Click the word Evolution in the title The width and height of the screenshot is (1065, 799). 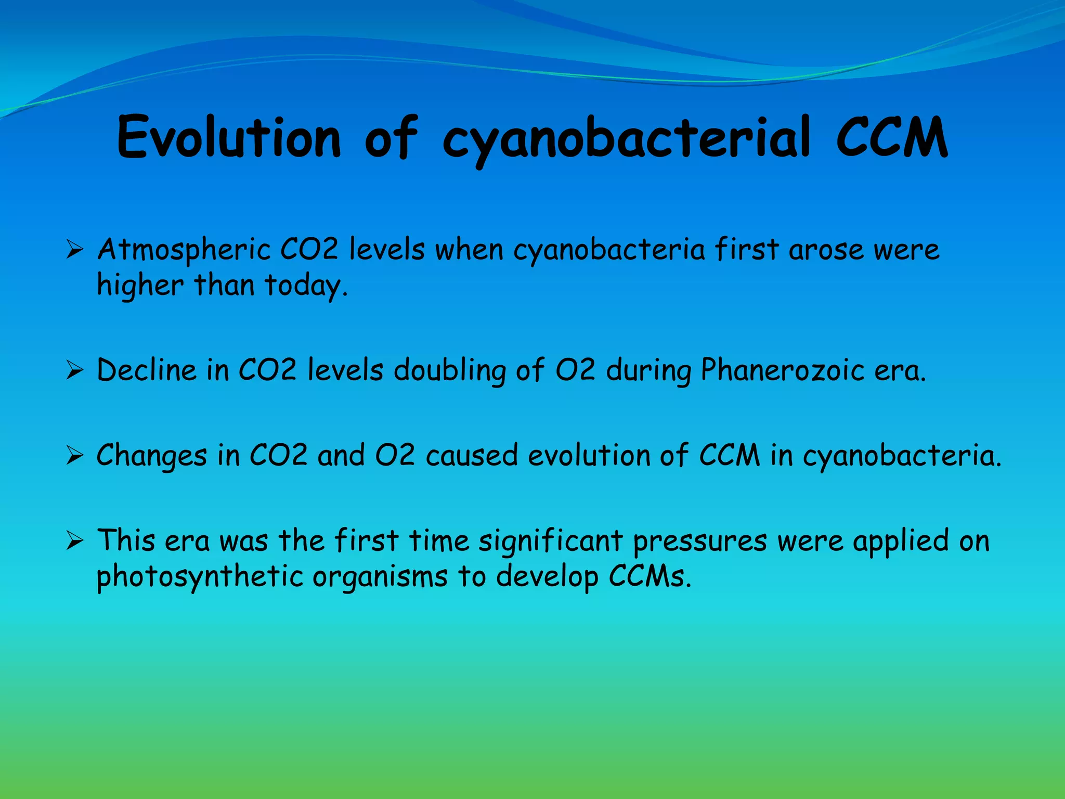click(229, 138)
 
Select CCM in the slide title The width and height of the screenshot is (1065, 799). click(892, 138)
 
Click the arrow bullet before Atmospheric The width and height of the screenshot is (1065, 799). click(75, 250)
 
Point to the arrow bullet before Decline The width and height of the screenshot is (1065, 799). click(75, 371)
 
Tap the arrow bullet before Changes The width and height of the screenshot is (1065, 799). click(75, 456)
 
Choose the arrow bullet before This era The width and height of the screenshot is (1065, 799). click(75, 542)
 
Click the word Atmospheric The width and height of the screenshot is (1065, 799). click(184, 251)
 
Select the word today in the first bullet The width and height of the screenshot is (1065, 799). click(304, 286)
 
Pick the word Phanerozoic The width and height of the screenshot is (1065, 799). click(782, 371)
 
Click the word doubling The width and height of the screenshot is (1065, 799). click(449, 371)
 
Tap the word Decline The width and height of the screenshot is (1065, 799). click(147, 370)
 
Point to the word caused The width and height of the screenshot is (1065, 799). click(472, 456)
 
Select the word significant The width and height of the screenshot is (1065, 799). click(550, 542)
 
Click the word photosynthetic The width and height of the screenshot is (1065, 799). click(199, 577)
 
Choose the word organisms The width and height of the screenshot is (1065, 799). click(380, 578)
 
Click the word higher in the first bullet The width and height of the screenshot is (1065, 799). click(140, 286)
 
